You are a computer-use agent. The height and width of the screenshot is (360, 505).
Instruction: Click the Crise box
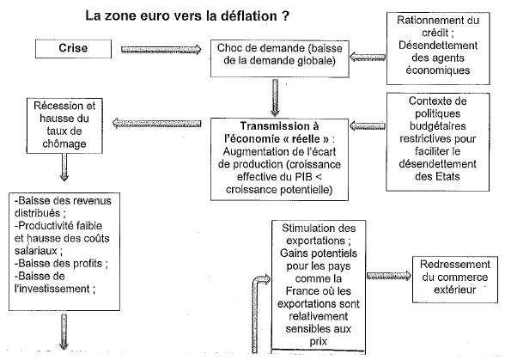tap(74, 49)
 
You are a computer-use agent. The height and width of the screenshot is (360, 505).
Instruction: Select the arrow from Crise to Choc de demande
tap(161, 50)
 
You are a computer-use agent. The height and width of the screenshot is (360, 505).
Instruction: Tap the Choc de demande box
tap(280, 58)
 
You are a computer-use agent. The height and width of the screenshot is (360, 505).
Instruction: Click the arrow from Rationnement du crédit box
tap(368, 57)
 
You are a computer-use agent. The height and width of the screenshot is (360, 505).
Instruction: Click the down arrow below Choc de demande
tap(275, 98)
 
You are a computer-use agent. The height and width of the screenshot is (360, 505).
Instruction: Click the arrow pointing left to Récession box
tap(157, 123)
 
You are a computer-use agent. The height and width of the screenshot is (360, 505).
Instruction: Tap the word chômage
tap(64, 143)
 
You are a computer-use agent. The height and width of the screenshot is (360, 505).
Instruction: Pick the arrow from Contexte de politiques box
tap(368, 125)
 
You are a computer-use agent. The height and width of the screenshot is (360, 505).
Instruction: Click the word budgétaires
tap(437, 126)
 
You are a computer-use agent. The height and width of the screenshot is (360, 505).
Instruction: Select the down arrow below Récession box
tap(64, 167)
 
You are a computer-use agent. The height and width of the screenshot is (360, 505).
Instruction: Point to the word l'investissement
tap(52, 289)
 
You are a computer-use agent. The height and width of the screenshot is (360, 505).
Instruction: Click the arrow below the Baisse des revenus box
tap(64, 332)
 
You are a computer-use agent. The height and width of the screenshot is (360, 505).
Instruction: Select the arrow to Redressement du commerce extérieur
tap(389, 276)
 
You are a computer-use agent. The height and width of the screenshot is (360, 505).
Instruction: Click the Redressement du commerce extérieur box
tap(455, 280)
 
